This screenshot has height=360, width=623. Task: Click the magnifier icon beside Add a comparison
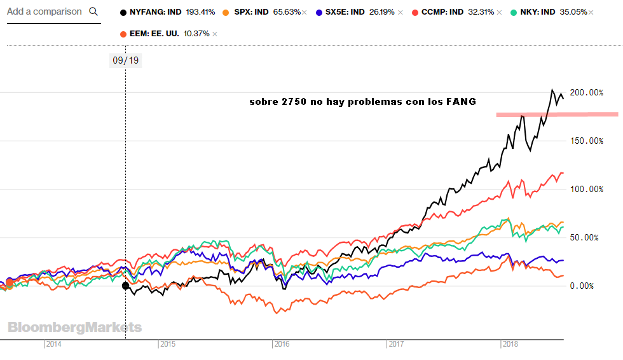pyautogui.click(x=93, y=11)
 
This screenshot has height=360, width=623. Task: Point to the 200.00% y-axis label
pyautogui.click(x=585, y=93)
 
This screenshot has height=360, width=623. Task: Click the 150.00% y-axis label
pyautogui.click(x=585, y=141)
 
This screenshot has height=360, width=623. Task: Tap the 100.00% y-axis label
pyautogui.click(x=585, y=189)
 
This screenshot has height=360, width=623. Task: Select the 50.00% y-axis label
pyautogui.click(x=587, y=237)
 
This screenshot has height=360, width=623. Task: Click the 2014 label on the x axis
pyautogui.click(x=53, y=344)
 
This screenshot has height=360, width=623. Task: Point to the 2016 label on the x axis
pyautogui.click(x=282, y=344)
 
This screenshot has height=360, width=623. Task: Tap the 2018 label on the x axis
pyautogui.click(x=510, y=344)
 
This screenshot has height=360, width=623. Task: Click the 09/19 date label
pyautogui.click(x=125, y=60)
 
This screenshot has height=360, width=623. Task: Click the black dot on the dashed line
pyautogui.click(x=125, y=286)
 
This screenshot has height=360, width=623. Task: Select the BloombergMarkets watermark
pyautogui.click(x=75, y=328)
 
